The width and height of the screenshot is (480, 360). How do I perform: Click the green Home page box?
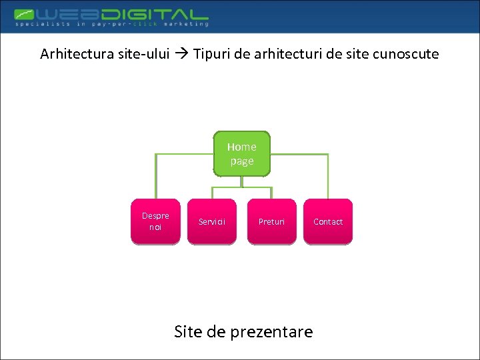pos(241,153)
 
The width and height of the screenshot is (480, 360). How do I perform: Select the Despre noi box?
pos(155,221)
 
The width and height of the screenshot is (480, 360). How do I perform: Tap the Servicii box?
pos(212,221)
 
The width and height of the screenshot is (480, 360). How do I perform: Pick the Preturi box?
pos(271,221)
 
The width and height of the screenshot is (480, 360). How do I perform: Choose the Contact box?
pos(328,221)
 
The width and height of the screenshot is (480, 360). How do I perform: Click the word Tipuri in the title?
pos(213,54)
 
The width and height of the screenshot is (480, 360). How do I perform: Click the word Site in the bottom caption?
pos(187,331)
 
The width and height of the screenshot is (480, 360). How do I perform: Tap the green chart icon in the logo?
pos(26,14)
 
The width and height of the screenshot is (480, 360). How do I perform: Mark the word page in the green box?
pos(241,161)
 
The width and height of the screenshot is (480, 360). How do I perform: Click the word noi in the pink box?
pos(155,227)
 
